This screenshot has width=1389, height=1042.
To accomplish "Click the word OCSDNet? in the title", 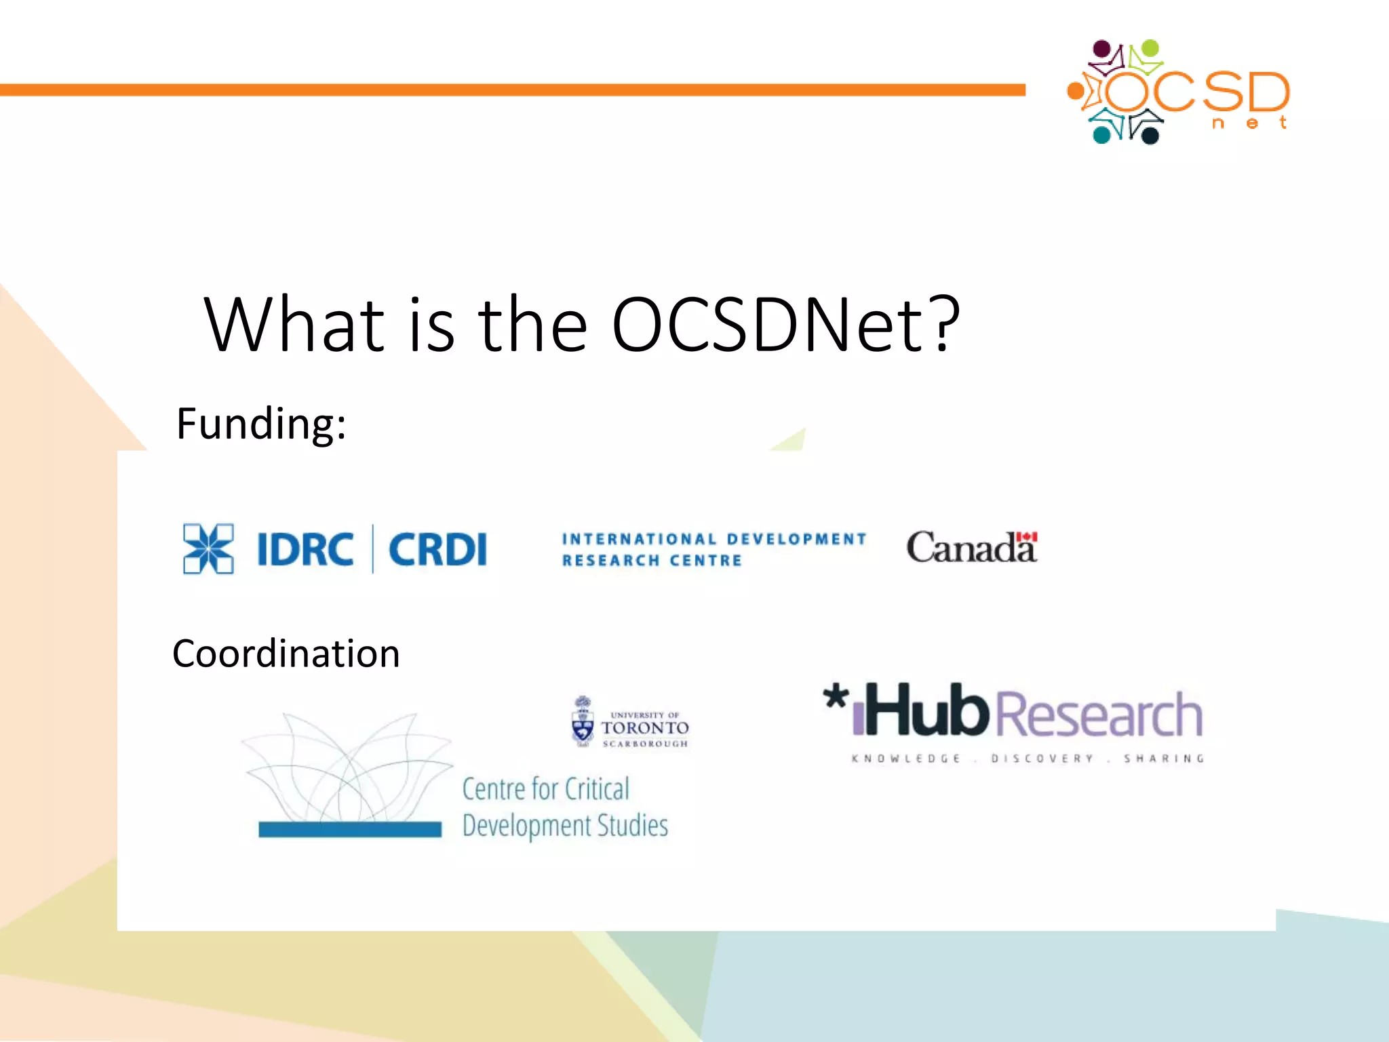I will [785, 325].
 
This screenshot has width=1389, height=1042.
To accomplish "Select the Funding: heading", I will [261, 424].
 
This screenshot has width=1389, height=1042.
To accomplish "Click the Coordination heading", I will [286, 654].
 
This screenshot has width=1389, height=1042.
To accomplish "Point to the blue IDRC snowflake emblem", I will [208, 548].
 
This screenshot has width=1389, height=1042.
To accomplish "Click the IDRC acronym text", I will [305, 549].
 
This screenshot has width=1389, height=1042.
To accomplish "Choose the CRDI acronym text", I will [437, 549].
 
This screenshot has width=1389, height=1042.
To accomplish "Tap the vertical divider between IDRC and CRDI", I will [372, 549].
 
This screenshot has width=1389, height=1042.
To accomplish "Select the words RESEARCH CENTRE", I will [652, 561].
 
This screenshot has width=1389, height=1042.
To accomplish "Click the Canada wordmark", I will [971, 548].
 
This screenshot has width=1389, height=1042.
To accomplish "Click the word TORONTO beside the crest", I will [645, 728].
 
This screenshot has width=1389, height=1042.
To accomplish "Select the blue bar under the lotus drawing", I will [350, 829].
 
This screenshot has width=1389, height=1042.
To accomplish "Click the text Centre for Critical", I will [545, 789].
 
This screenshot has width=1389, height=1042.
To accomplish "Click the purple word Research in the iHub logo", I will [1099, 715].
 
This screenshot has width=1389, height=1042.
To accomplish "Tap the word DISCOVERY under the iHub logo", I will [1042, 759].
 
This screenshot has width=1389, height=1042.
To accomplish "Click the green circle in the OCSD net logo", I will [1150, 48].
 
